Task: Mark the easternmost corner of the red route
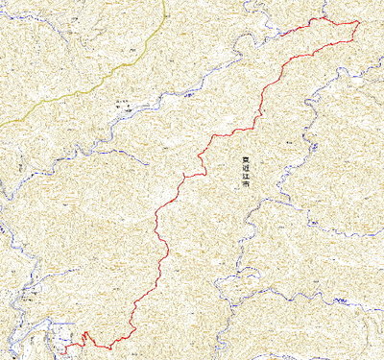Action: pos(359,22)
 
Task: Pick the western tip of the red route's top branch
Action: pos(283,36)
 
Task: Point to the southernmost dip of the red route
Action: pos(109,347)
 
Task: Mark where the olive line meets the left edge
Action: pos(1,123)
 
